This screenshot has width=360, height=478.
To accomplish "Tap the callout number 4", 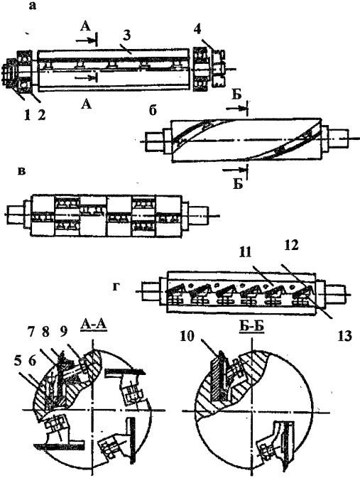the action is (197, 30).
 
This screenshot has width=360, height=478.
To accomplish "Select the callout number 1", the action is (28, 116).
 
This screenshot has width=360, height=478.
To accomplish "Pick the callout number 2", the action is (41, 116).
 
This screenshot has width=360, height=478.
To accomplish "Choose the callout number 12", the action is (290, 246).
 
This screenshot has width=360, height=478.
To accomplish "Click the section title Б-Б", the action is (252, 325).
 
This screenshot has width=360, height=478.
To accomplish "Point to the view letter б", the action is (153, 111).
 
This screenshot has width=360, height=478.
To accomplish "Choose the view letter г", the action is (116, 286).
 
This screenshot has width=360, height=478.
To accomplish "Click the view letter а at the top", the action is (32, 6).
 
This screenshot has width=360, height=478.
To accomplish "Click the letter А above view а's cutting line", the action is (86, 26).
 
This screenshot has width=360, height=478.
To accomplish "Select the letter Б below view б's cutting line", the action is (238, 183).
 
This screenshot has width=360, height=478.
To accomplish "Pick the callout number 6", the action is (33, 362).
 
